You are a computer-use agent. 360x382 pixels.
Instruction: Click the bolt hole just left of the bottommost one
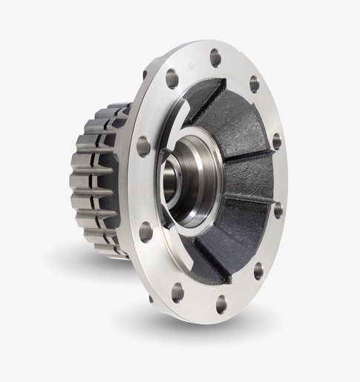click(177, 292)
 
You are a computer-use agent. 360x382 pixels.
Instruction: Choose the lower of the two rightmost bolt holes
click(278, 210)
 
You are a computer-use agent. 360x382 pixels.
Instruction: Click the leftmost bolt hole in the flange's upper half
click(143, 145)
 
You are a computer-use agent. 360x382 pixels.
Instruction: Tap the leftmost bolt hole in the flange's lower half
click(145, 231)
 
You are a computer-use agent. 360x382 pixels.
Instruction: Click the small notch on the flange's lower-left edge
click(151, 298)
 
